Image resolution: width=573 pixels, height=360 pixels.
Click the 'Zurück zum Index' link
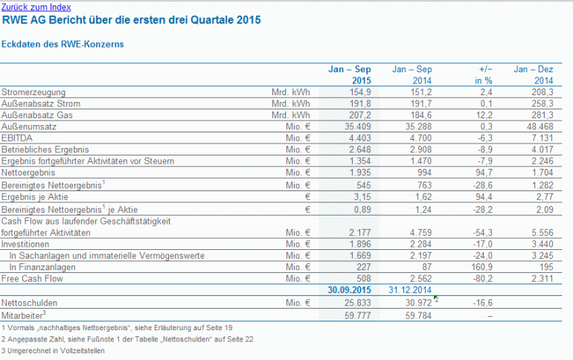[36, 7]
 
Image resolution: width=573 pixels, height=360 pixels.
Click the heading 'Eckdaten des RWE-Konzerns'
[63, 44]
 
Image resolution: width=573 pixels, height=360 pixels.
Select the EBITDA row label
[17, 138]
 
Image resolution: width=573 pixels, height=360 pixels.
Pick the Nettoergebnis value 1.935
[357, 173]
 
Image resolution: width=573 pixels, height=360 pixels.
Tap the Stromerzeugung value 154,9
[360, 92]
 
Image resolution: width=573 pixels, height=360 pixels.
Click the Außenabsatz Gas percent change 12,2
[484, 115]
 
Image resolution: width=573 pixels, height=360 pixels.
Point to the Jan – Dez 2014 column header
[533, 75]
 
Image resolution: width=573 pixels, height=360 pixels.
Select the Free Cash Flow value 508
[364, 279]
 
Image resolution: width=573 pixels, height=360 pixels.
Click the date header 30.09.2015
[349, 290]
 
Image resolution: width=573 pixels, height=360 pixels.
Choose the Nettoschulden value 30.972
[418, 303]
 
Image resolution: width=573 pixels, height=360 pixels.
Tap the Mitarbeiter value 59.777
[357, 315]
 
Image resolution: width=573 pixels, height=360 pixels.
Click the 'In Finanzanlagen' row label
[42, 267]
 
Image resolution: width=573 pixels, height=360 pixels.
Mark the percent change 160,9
[481, 267]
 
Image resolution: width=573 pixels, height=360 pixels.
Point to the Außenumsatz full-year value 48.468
[540, 126]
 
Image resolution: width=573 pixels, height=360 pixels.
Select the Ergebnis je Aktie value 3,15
[362, 197]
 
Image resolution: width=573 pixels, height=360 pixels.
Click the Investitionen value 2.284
[420, 244]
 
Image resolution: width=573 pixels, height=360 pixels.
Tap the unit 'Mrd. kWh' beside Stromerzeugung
[290, 92]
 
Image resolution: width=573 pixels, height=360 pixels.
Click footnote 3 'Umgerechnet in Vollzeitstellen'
[53, 350]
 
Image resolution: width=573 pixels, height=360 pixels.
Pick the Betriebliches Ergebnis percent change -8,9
[485, 150]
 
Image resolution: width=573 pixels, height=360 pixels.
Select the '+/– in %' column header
[484, 75]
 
